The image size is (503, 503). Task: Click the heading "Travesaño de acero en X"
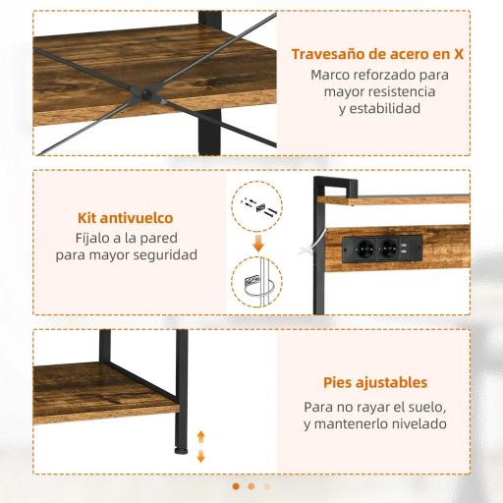click(377, 53)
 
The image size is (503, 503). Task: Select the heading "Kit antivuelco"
click(126, 218)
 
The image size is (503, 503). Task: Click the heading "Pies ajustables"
click(375, 382)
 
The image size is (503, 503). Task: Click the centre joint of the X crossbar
click(144, 94)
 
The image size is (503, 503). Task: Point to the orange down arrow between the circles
click(257, 241)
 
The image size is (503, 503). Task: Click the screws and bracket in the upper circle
click(256, 207)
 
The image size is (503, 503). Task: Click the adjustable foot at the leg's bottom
click(181, 450)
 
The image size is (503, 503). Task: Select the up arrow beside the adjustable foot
click(201, 434)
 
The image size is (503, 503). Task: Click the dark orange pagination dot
click(235, 485)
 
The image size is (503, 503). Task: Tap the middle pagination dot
click(251, 485)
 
